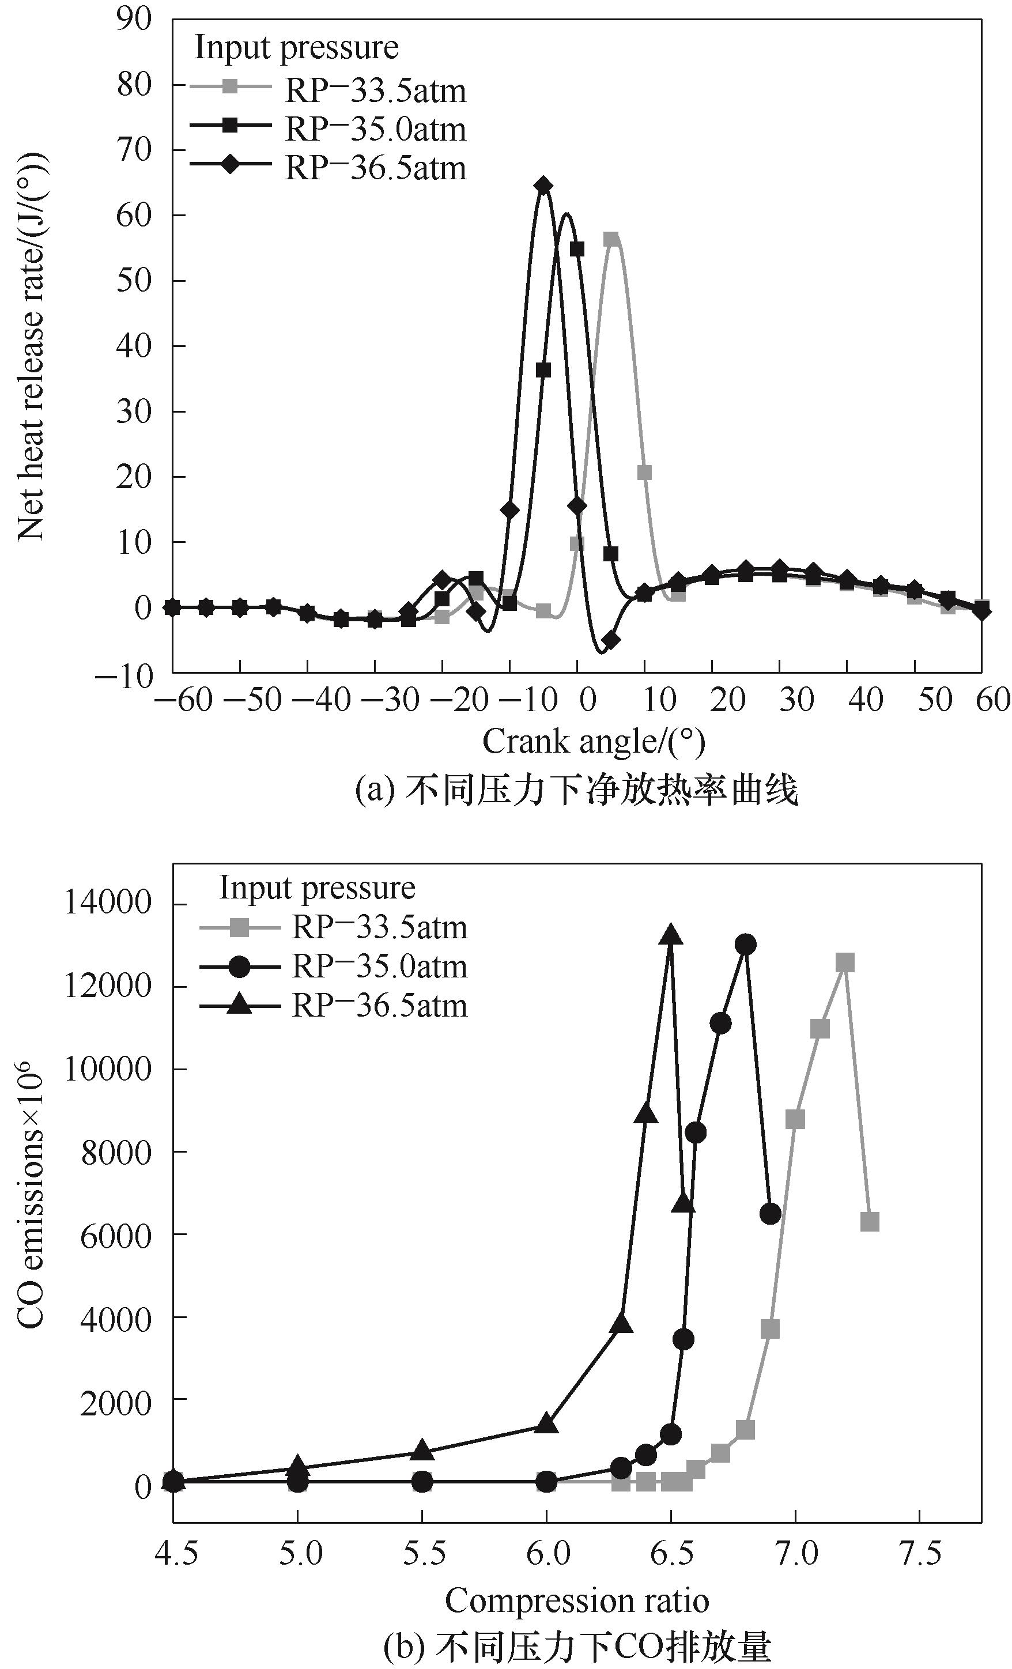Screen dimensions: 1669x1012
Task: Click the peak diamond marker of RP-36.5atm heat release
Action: pyautogui.click(x=542, y=186)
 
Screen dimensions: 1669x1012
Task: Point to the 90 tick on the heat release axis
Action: pyautogui.click(x=134, y=18)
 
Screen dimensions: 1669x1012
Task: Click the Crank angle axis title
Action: pyautogui.click(x=594, y=742)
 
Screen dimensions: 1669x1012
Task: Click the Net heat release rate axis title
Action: pyautogui.click(x=31, y=345)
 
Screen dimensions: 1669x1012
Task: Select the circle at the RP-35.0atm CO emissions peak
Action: pyautogui.click(x=746, y=944)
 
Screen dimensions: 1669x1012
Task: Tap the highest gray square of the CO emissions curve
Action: pyautogui.click(x=845, y=962)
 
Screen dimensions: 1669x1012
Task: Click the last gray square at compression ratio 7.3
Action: pyautogui.click(x=870, y=1221)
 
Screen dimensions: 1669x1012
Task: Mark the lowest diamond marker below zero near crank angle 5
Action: pyautogui.click(x=610, y=640)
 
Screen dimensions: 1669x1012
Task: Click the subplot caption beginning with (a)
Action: pyautogui.click(x=576, y=790)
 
